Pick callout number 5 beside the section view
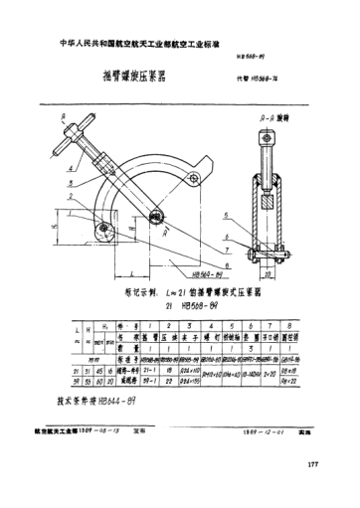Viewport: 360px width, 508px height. tap(227, 215)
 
